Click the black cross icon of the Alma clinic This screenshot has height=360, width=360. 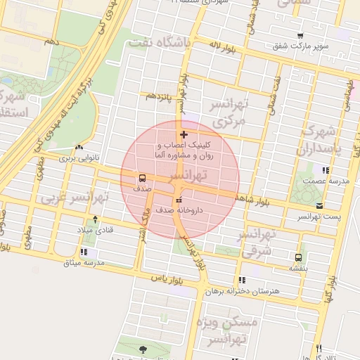coord(184,134)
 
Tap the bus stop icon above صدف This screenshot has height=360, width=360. coord(143,178)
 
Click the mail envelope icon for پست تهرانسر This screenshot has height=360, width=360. coord(320,206)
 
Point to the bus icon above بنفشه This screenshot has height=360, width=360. coord(299,257)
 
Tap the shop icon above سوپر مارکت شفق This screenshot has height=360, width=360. coord(301,36)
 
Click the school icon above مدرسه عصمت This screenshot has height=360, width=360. coord(325,170)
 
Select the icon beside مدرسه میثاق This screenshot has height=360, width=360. coord(84,252)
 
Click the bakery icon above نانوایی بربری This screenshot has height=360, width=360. coord(79,148)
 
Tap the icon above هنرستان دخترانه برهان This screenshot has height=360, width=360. coord(243,280)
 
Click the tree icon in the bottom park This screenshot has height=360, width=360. coord(143,349)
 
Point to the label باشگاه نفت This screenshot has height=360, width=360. coord(158,43)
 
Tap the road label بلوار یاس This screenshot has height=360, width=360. coord(167,278)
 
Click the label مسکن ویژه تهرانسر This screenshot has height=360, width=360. coord(233,330)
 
